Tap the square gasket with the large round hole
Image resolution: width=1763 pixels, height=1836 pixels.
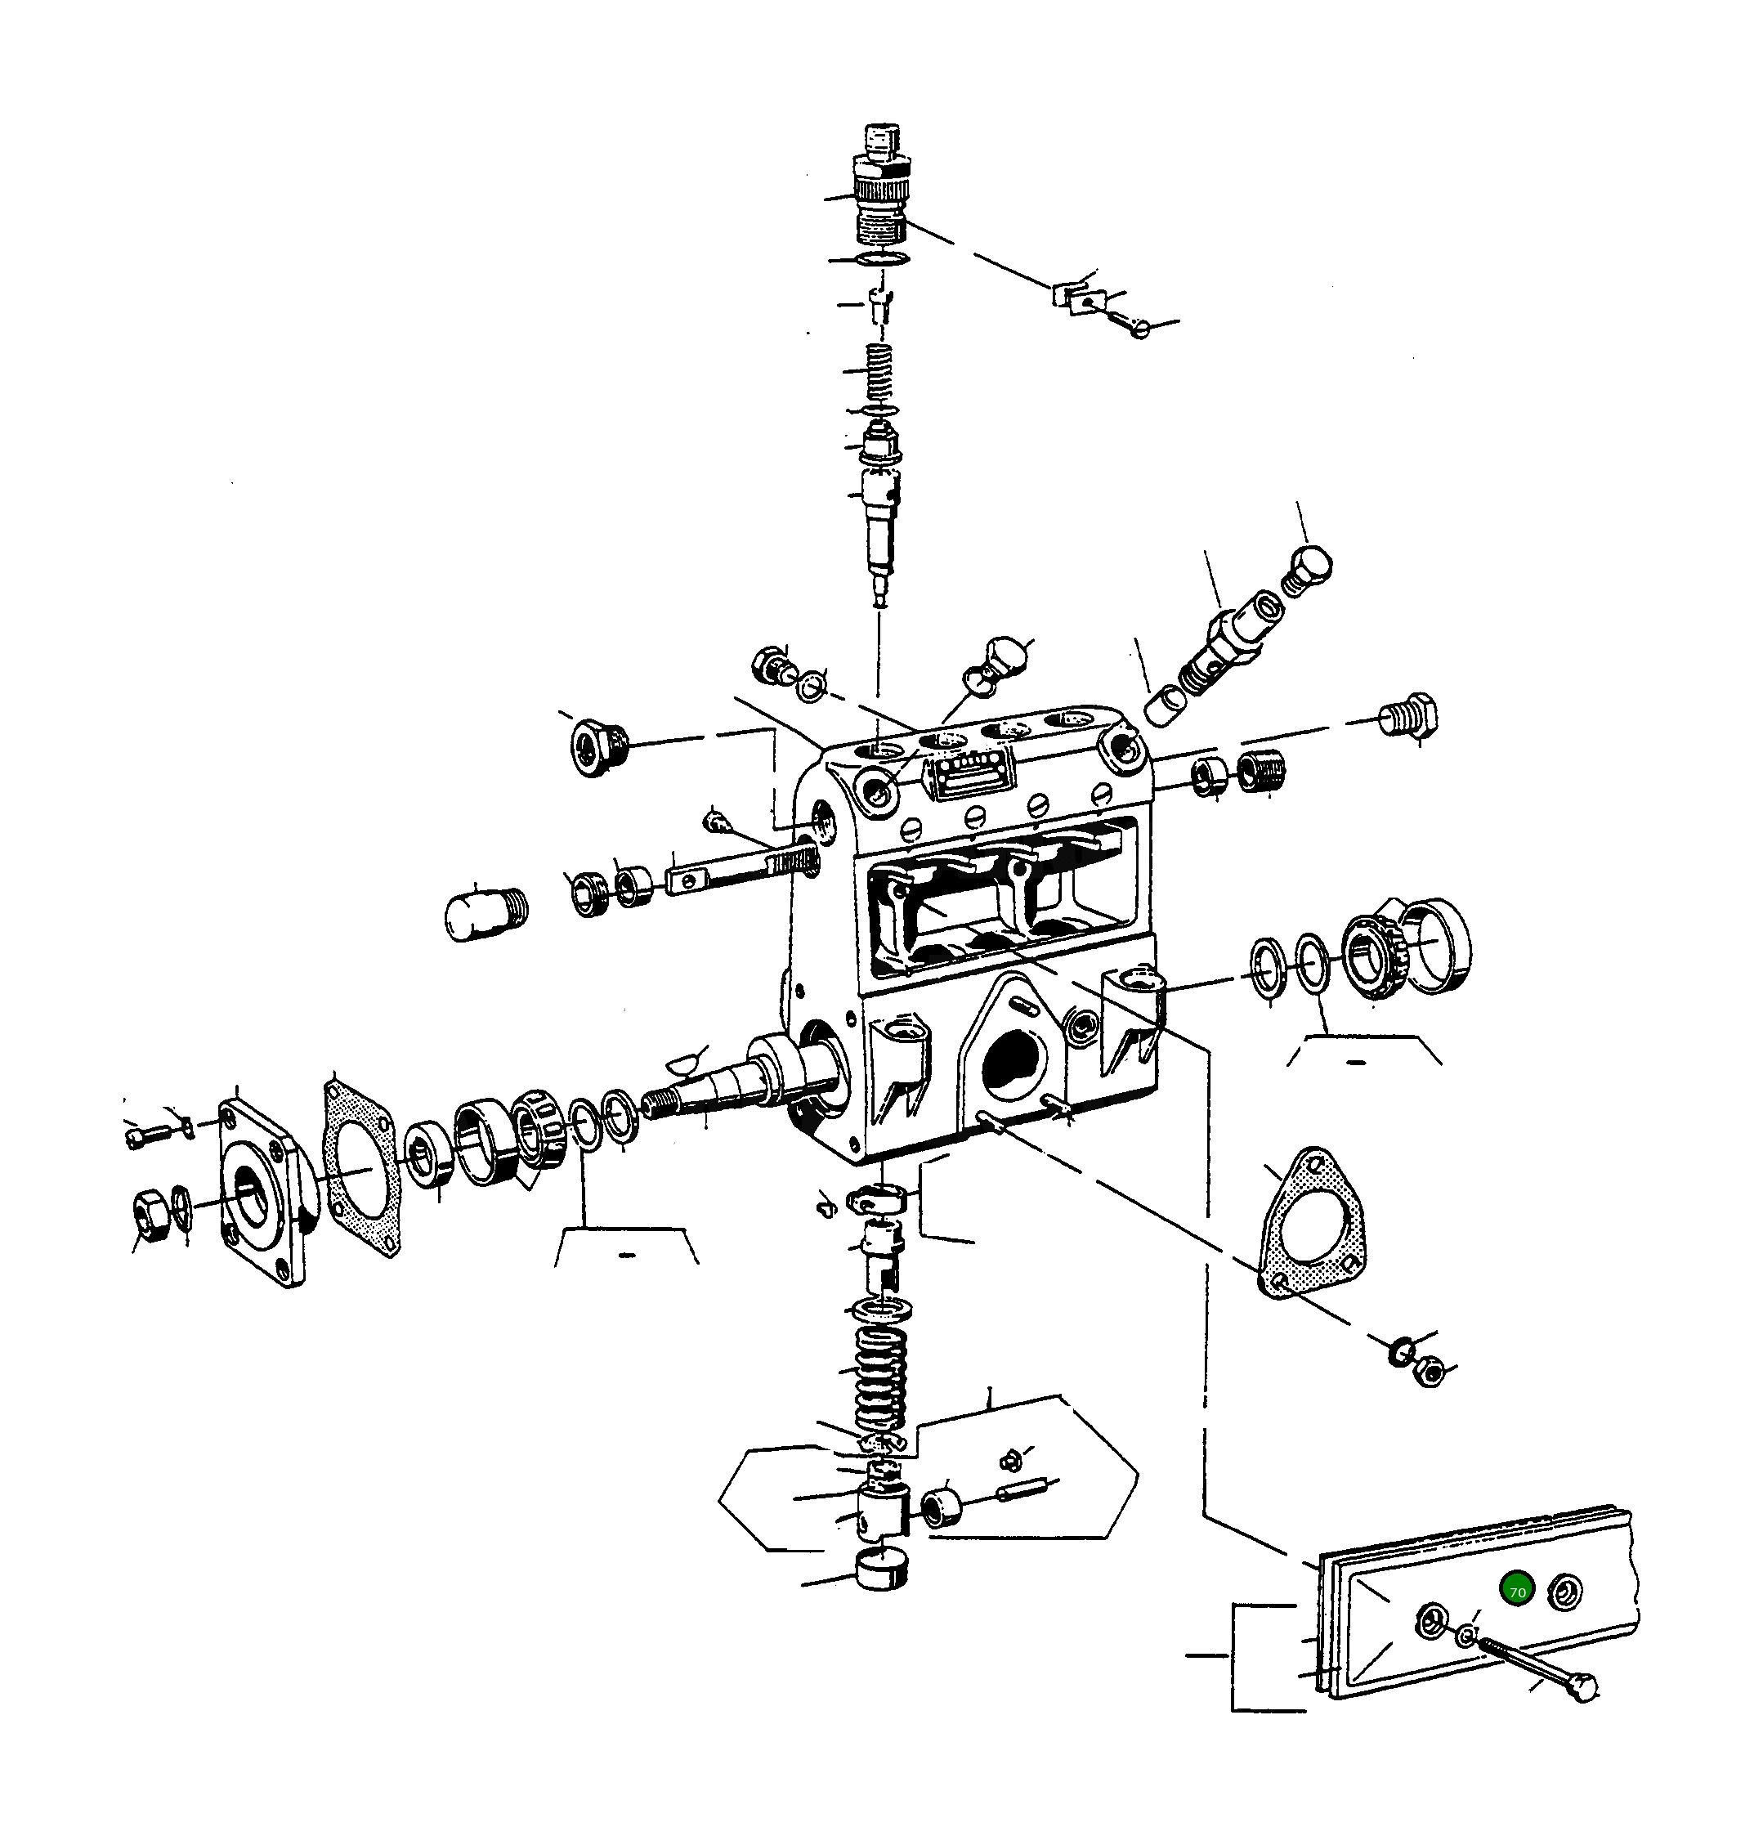[x=363, y=1168]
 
